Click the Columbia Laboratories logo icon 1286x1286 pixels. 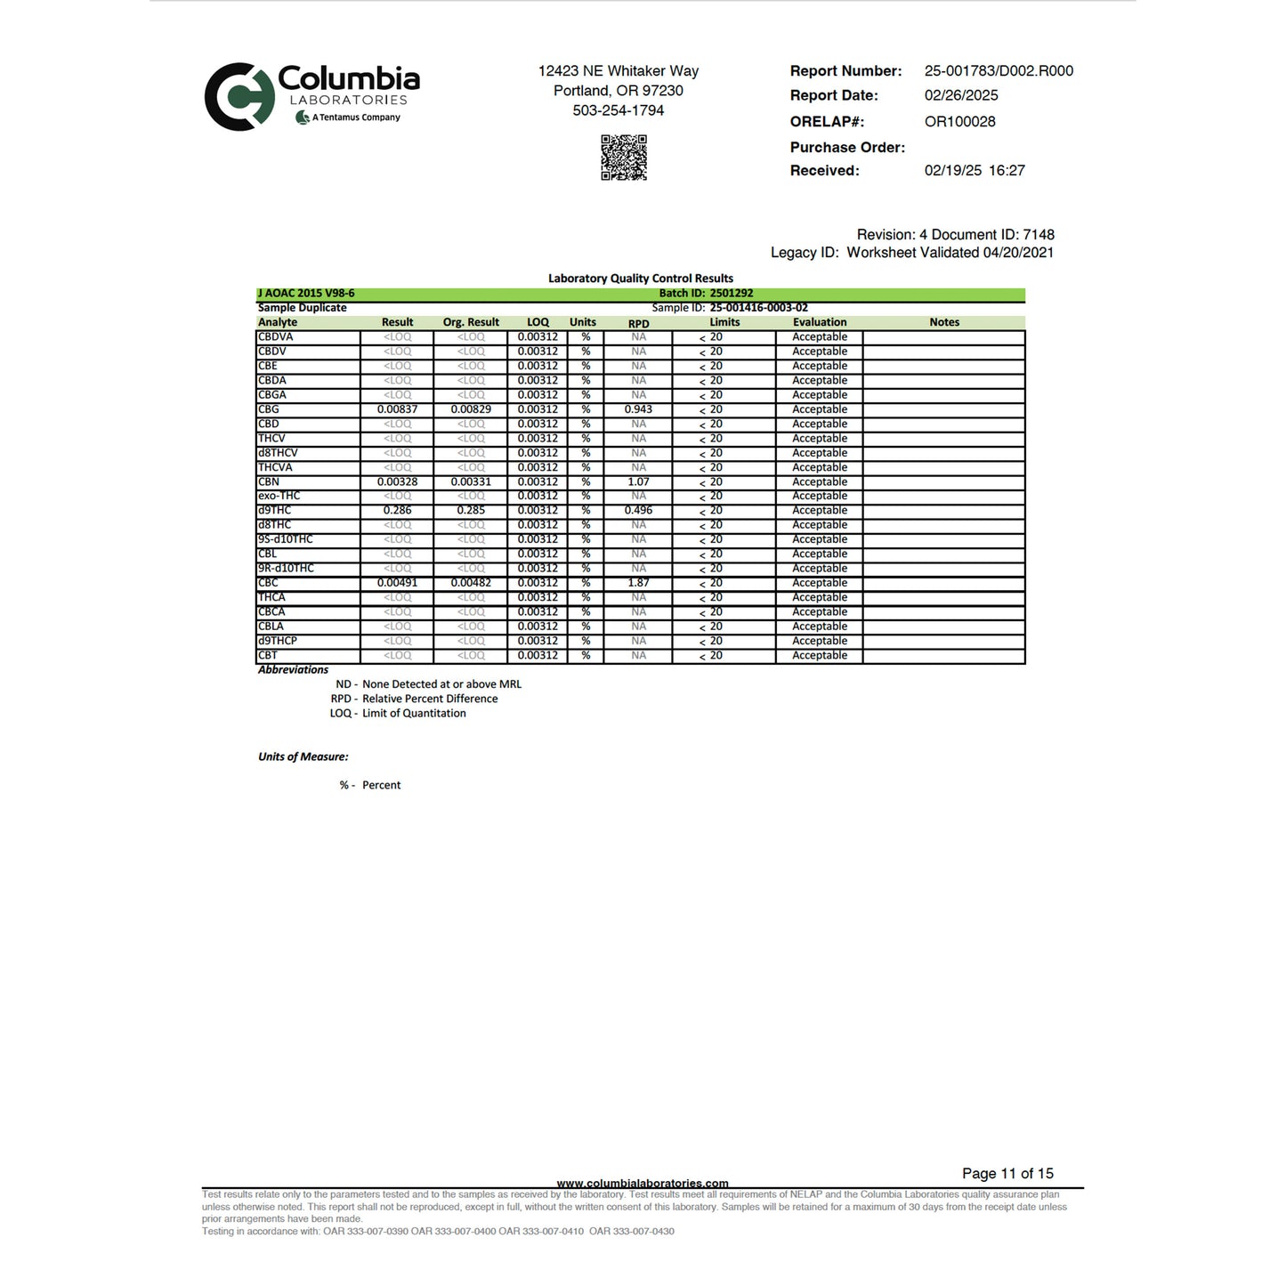pyautogui.click(x=239, y=96)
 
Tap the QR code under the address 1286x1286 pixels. pyautogui.click(x=624, y=158)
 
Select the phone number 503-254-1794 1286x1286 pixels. pyautogui.click(x=619, y=110)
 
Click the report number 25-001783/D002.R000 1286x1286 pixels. pyautogui.click(x=999, y=71)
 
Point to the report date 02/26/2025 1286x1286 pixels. pyautogui.click(x=961, y=95)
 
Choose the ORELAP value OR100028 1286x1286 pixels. pyautogui.click(x=959, y=122)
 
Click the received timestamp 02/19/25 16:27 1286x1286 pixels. pyautogui.click(x=975, y=171)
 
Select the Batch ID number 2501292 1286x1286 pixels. pyautogui.click(x=732, y=294)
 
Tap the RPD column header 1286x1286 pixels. pyautogui.click(x=638, y=323)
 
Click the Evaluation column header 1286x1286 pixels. pyautogui.click(x=820, y=322)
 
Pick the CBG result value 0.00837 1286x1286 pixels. pyautogui.click(x=397, y=409)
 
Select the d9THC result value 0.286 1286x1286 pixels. pyautogui.click(x=397, y=511)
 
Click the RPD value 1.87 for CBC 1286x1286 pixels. pyautogui.click(x=638, y=583)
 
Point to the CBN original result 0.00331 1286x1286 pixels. pyautogui.click(x=471, y=482)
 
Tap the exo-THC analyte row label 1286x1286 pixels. pyautogui.click(x=279, y=496)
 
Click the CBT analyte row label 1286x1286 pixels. pyautogui.click(x=268, y=655)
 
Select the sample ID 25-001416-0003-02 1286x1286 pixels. pyautogui.click(x=758, y=308)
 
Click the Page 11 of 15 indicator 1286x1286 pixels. pyautogui.click(x=1007, y=1174)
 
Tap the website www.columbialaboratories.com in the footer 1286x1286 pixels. pyautogui.click(x=643, y=1183)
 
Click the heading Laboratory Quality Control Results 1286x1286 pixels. pyautogui.click(x=641, y=279)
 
